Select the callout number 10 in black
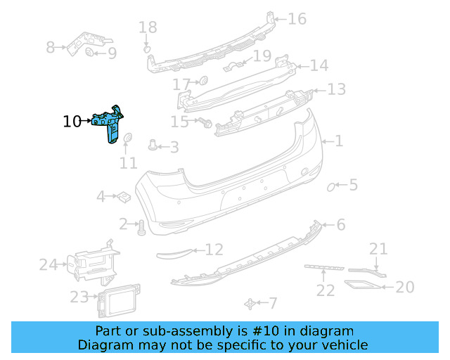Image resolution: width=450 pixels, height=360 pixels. click(x=72, y=121)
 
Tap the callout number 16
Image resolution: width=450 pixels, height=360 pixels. click(x=297, y=19)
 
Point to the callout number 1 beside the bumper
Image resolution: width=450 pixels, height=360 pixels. click(x=339, y=141)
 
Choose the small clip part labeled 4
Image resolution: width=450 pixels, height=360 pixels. click(x=122, y=195)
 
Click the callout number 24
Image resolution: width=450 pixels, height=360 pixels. click(x=48, y=265)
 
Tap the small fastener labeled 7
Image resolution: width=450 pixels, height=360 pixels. click(x=250, y=303)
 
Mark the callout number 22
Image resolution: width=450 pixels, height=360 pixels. click(x=325, y=290)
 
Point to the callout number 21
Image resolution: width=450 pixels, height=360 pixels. click(x=378, y=248)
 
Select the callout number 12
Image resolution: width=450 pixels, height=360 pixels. click(x=214, y=249)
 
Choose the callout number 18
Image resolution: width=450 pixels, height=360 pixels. click(x=148, y=27)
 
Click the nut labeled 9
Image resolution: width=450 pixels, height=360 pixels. click(x=90, y=52)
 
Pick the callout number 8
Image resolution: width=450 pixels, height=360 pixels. click(x=51, y=47)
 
